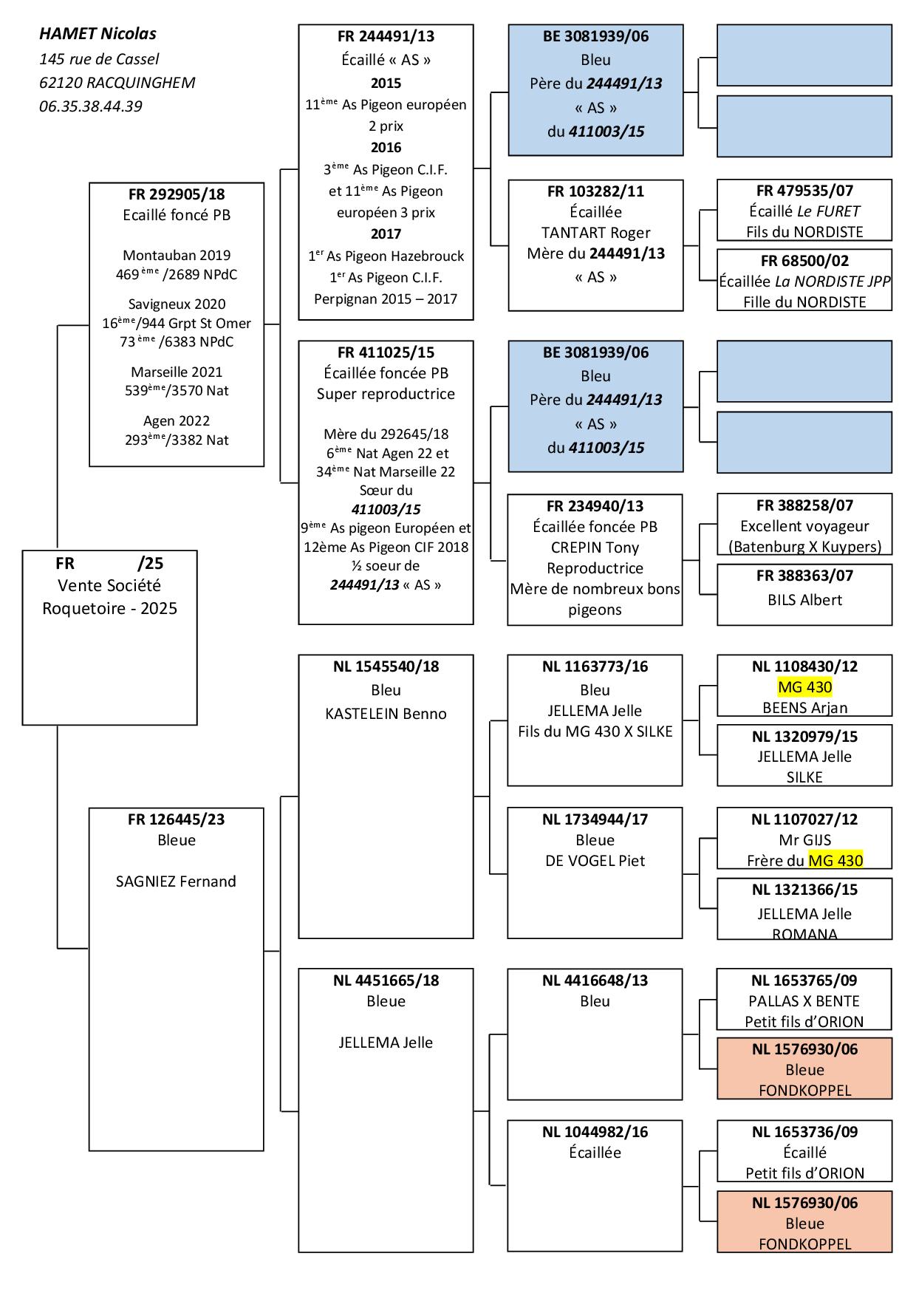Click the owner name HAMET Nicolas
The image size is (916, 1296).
[98, 34]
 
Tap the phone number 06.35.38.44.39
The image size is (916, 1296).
[91, 106]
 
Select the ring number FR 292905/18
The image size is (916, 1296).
[177, 195]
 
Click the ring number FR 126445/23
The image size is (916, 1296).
[177, 819]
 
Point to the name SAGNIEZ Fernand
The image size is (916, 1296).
[177, 881]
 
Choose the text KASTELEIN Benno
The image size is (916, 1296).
[386, 714]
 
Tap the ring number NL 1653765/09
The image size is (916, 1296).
[804, 980]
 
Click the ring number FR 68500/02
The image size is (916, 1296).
[804, 261]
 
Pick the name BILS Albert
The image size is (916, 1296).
[804, 600]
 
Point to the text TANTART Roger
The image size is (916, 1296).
[595, 233]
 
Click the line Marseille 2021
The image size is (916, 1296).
[177, 372]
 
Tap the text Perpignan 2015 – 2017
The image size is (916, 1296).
[386, 299]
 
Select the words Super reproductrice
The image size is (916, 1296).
[386, 394]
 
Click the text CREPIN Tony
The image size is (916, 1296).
[595, 548]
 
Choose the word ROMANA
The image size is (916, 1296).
[804, 933]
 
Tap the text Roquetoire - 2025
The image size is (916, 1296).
[110, 609]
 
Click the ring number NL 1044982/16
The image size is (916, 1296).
[595, 1132]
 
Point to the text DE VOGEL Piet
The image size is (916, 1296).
[595, 861]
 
